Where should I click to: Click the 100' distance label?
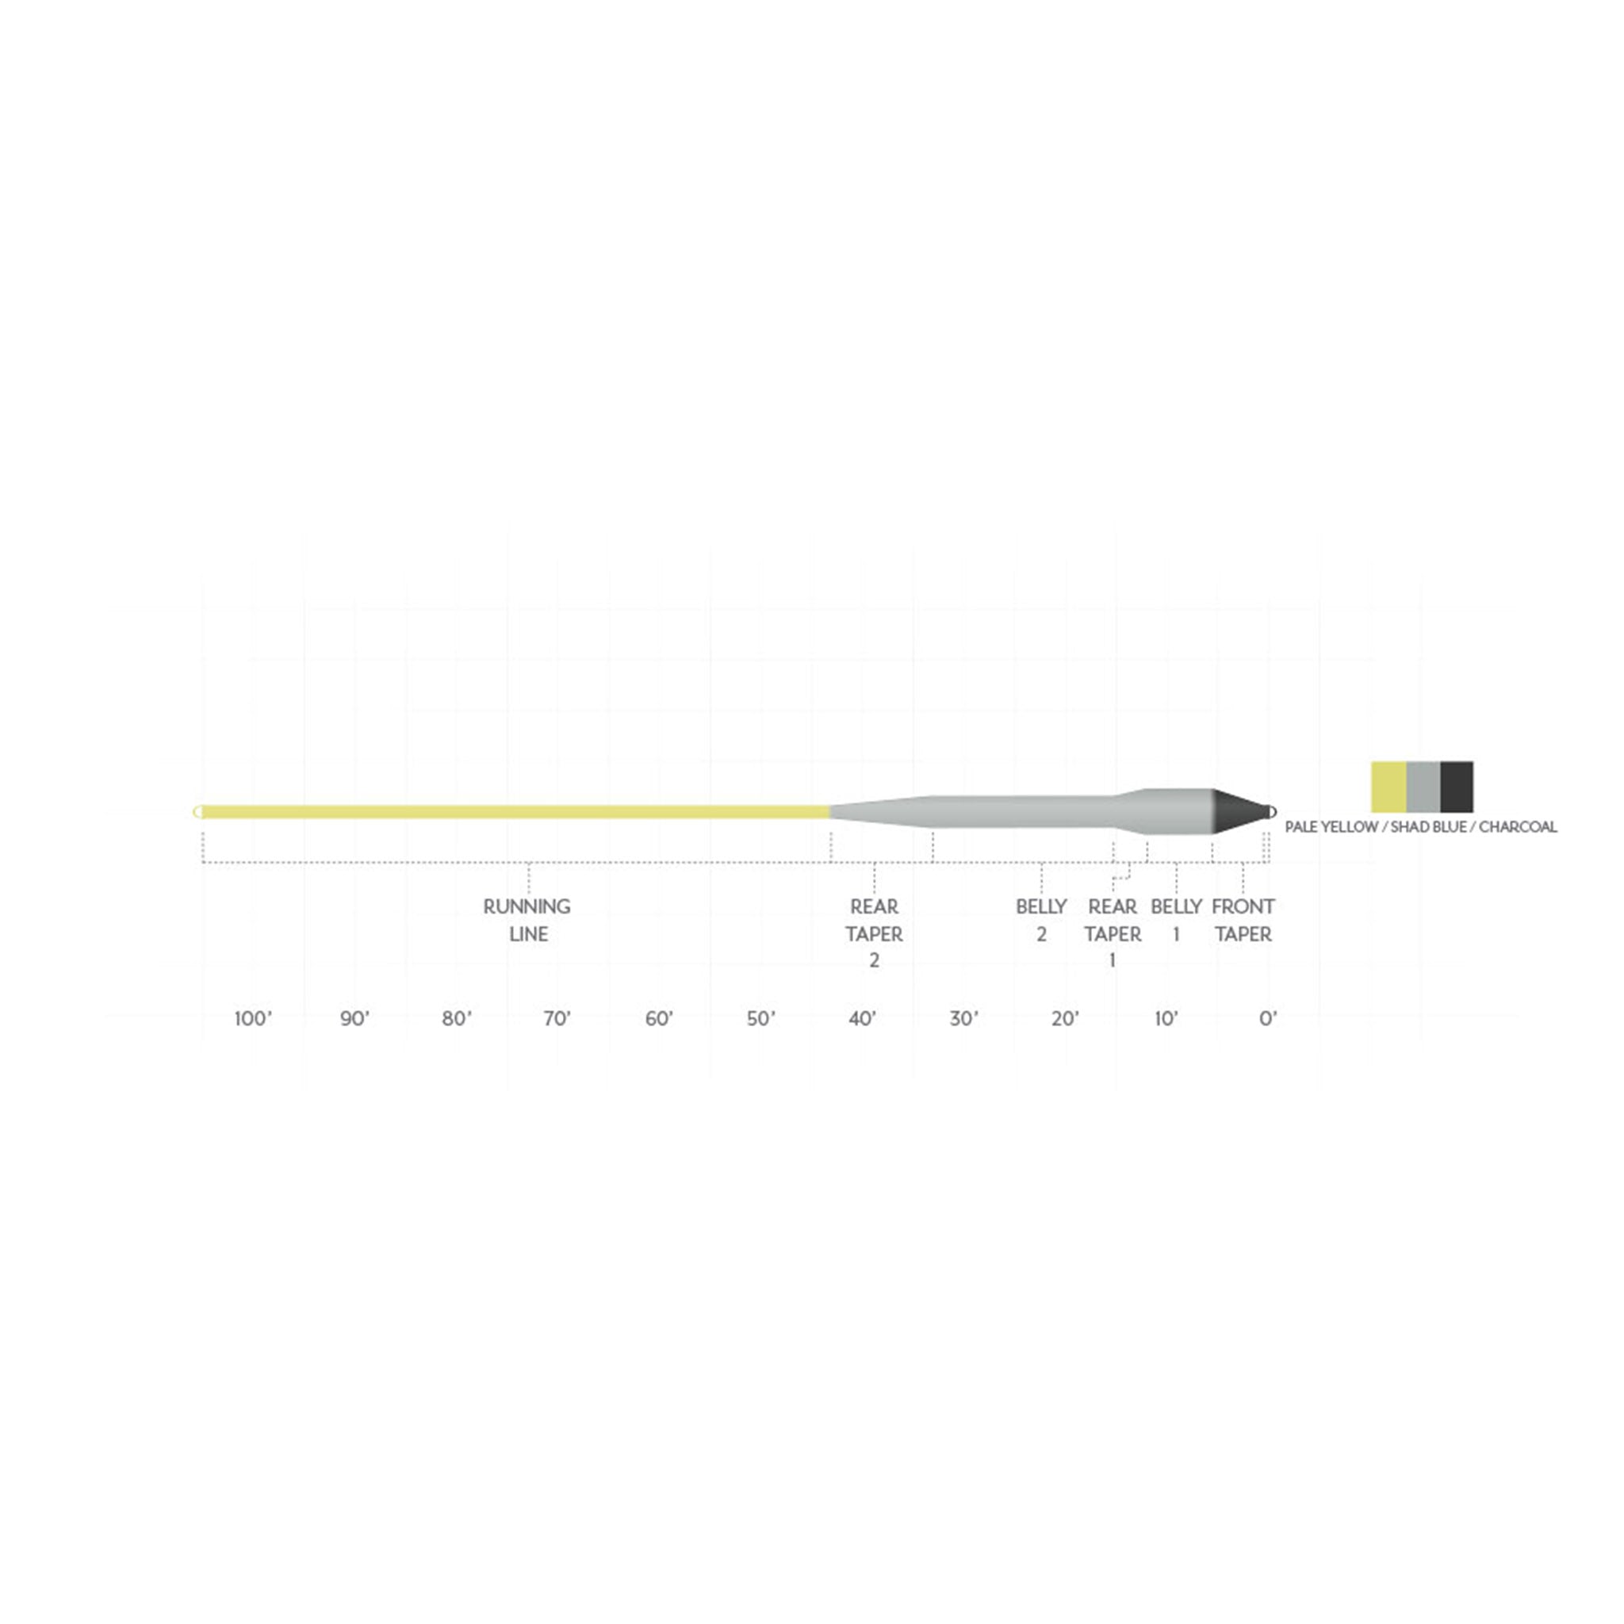(253, 1019)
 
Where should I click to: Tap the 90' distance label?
(354, 1019)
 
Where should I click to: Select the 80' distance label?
(457, 1019)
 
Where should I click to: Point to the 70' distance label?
(557, 1019)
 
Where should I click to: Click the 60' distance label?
(659, 1019)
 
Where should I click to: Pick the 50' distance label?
(760, 1019)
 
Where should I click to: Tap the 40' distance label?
(863, 1019)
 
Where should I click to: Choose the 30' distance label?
(963, 1019)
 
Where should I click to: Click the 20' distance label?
(1065, 1019)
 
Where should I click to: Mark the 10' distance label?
(1166, 1019)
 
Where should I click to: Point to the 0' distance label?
(1268, 1019)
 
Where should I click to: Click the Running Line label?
(527, 920)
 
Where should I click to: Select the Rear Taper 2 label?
(874, 933)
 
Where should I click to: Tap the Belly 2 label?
(1040, 920)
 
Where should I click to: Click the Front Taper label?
(1243, 920)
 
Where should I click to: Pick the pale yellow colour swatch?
(1388, 787)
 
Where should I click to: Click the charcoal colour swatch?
(1457, 787)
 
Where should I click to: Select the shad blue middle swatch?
(1423, 787)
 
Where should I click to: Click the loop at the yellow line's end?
(197, 811)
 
